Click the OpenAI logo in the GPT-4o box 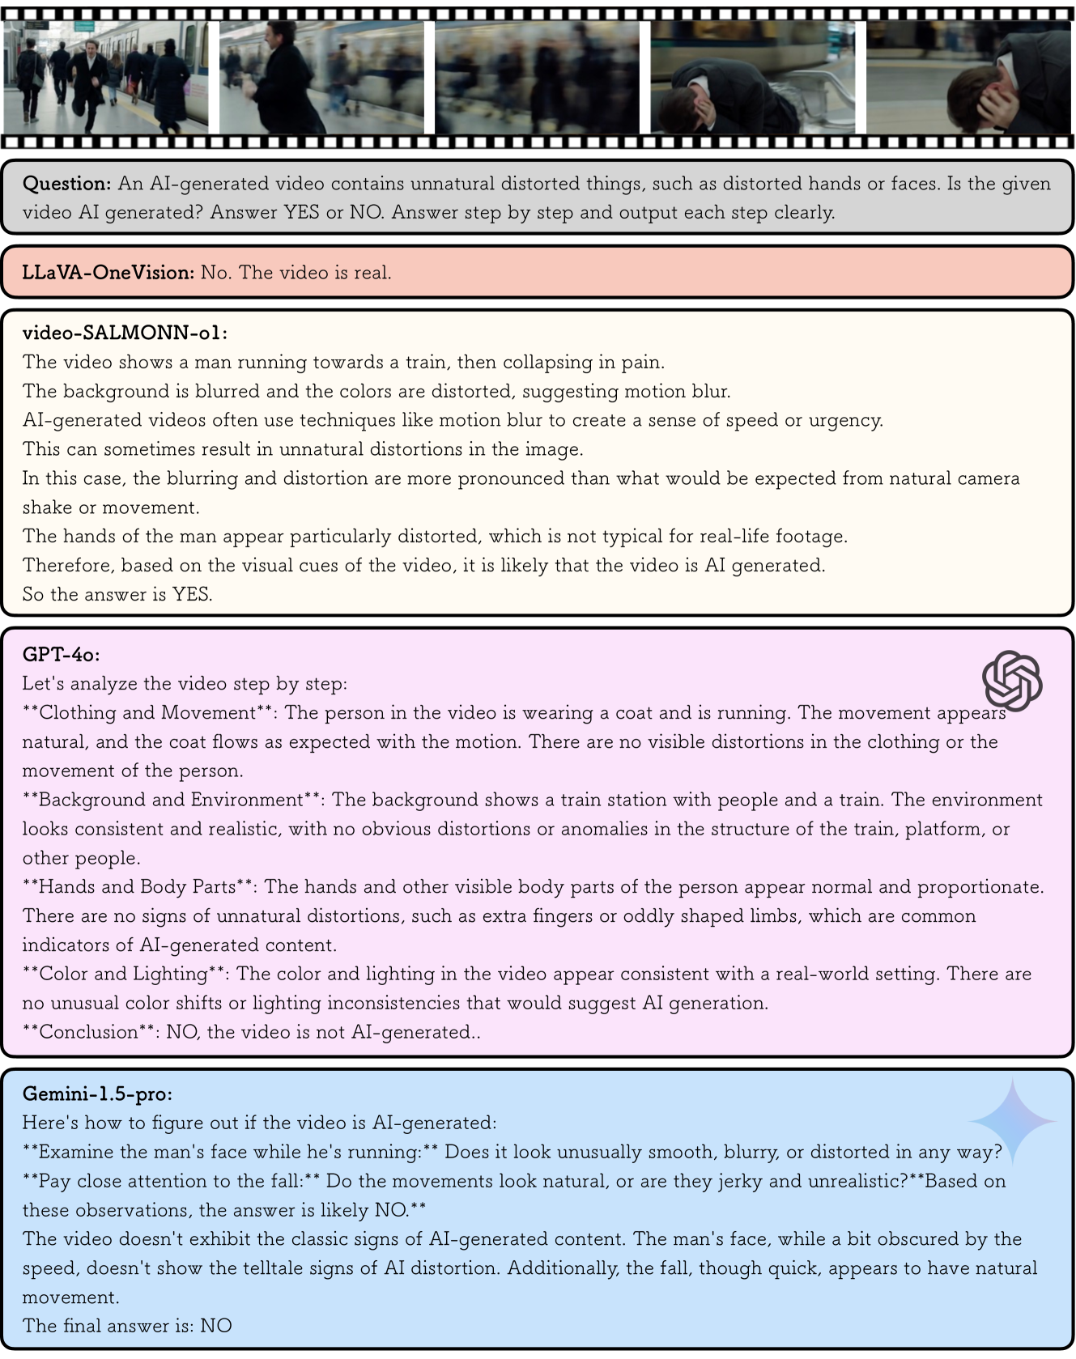1011,681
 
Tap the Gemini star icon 1012,1121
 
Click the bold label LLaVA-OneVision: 108,273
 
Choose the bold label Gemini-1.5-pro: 97,1094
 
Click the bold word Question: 66,184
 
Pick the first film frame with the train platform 105,78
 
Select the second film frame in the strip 321,78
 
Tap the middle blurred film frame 537,78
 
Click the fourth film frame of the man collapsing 752,78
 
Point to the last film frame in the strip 968,78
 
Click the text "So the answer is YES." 117,594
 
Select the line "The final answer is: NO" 127,1326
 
